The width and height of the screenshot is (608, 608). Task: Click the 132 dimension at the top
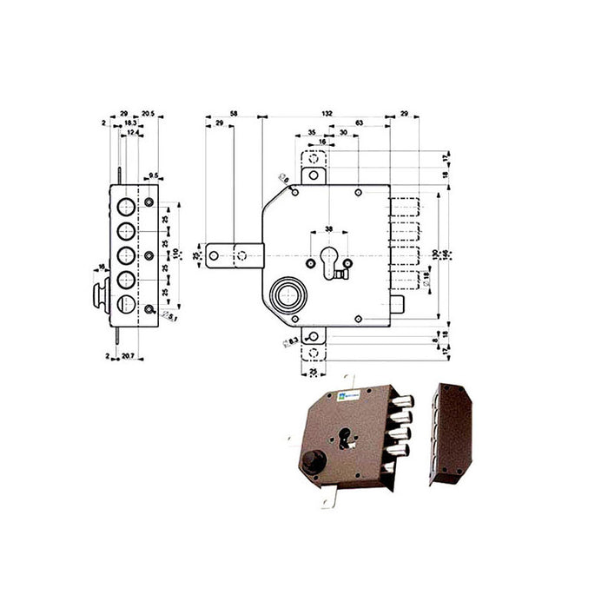coord(326,113)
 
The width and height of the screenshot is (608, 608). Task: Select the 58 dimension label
coord(233,113)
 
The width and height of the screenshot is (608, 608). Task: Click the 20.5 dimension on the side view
coord(148,113)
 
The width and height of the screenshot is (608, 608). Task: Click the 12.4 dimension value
coord(131,132)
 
